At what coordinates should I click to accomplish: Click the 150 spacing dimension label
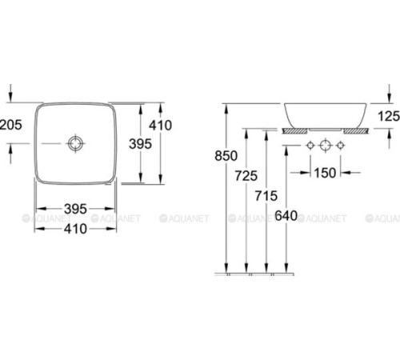pyautogui.click(x=326, y=172)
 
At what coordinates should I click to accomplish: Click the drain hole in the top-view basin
pyautogui.click(x=74, y=143)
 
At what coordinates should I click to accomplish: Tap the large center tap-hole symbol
pyautogui.click(x=326, y=146)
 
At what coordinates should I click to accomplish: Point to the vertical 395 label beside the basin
pyautogui.click(x=141, y=145)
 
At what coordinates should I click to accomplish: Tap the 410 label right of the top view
pyautogui.click(x=161, y=126)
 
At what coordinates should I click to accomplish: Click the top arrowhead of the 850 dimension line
pyautogui.click(x=228, y=106)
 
